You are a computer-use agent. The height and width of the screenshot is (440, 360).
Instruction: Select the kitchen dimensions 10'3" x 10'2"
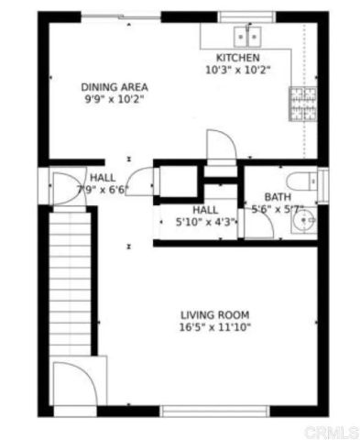[238, 70]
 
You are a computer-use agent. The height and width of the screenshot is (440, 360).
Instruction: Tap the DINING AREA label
[115, 86]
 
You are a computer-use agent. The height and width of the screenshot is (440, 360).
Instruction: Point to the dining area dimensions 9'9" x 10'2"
[115, 99]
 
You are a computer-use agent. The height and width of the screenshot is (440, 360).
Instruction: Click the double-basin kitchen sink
[246, 36]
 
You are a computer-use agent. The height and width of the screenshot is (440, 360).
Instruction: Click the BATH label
[277, 197]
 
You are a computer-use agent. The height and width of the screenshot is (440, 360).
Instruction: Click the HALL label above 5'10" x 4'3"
[205, 209]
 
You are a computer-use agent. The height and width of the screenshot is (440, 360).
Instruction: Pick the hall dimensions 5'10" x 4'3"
[205, 222]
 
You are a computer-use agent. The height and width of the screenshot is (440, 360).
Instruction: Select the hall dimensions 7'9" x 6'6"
[103, 190]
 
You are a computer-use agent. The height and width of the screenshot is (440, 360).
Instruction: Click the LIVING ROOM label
[215, 313]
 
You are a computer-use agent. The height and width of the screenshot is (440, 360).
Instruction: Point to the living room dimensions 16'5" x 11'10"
[215, 326]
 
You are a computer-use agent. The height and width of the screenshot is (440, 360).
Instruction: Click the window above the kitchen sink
[245, 16]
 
